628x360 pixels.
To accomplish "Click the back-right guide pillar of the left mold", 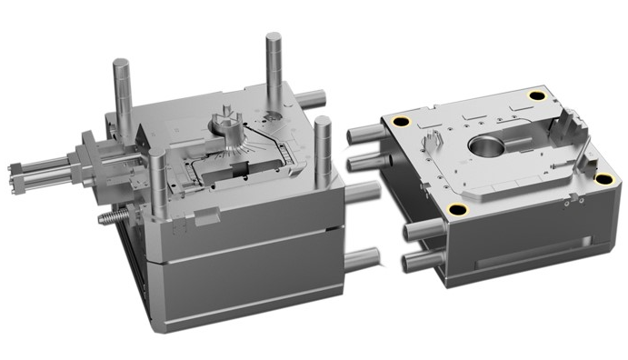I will coord(274,64).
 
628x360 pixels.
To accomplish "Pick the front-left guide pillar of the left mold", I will coord(160,186).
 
